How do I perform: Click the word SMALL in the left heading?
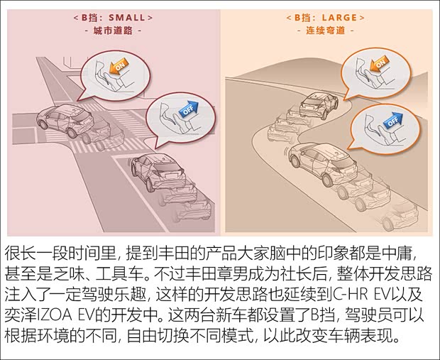pyautogui.click(x=129, y=16)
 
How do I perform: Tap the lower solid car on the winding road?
pyautogui.click(x=319, y=162)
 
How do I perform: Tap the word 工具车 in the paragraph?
pyautogui.click(x=134, y=273)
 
